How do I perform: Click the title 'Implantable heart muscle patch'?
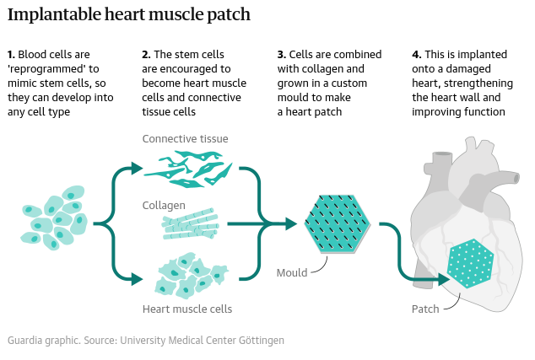pyautogui.click(x=128, y=16)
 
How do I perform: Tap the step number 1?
pyautogui.click(x=10, y=55)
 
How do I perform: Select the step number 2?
pyautogui.click(x=145, y=55)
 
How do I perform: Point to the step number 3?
pyautogui.click(x=281, y=55)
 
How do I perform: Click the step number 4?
pyautogui.click(x=416, y=55)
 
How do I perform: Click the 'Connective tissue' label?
pyautogui.click(x=185, y=139)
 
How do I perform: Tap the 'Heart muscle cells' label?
pyautogui.click(x=187, y=309)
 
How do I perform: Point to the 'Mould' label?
pyautogui.click(x=291, y=273)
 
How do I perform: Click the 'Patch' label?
pyautogui.click(x=425, y=309)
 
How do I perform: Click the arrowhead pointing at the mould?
pyautogui.click(x=289, y=223)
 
